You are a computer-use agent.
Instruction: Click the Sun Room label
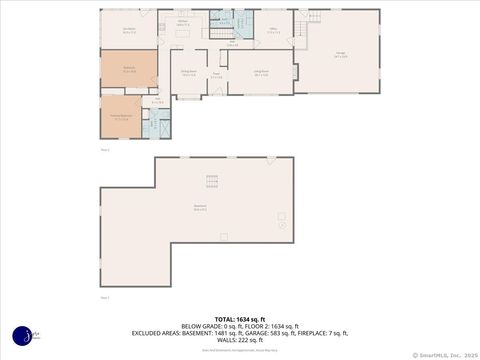pos(129,30)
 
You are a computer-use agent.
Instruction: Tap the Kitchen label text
pos(183,22)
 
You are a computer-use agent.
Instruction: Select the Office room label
pos(273,30)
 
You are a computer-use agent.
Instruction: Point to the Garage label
pos(341,56)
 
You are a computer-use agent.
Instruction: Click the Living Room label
pos(262,75)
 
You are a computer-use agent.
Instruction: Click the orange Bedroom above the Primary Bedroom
pos(129,71)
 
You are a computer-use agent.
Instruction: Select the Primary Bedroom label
pos(121,117)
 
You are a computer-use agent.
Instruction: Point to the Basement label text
pos(200,208)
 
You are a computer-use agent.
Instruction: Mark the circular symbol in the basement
pos(282,225)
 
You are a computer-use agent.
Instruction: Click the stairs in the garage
pos(299,33)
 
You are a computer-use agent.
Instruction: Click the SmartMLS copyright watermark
pos(444,354)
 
